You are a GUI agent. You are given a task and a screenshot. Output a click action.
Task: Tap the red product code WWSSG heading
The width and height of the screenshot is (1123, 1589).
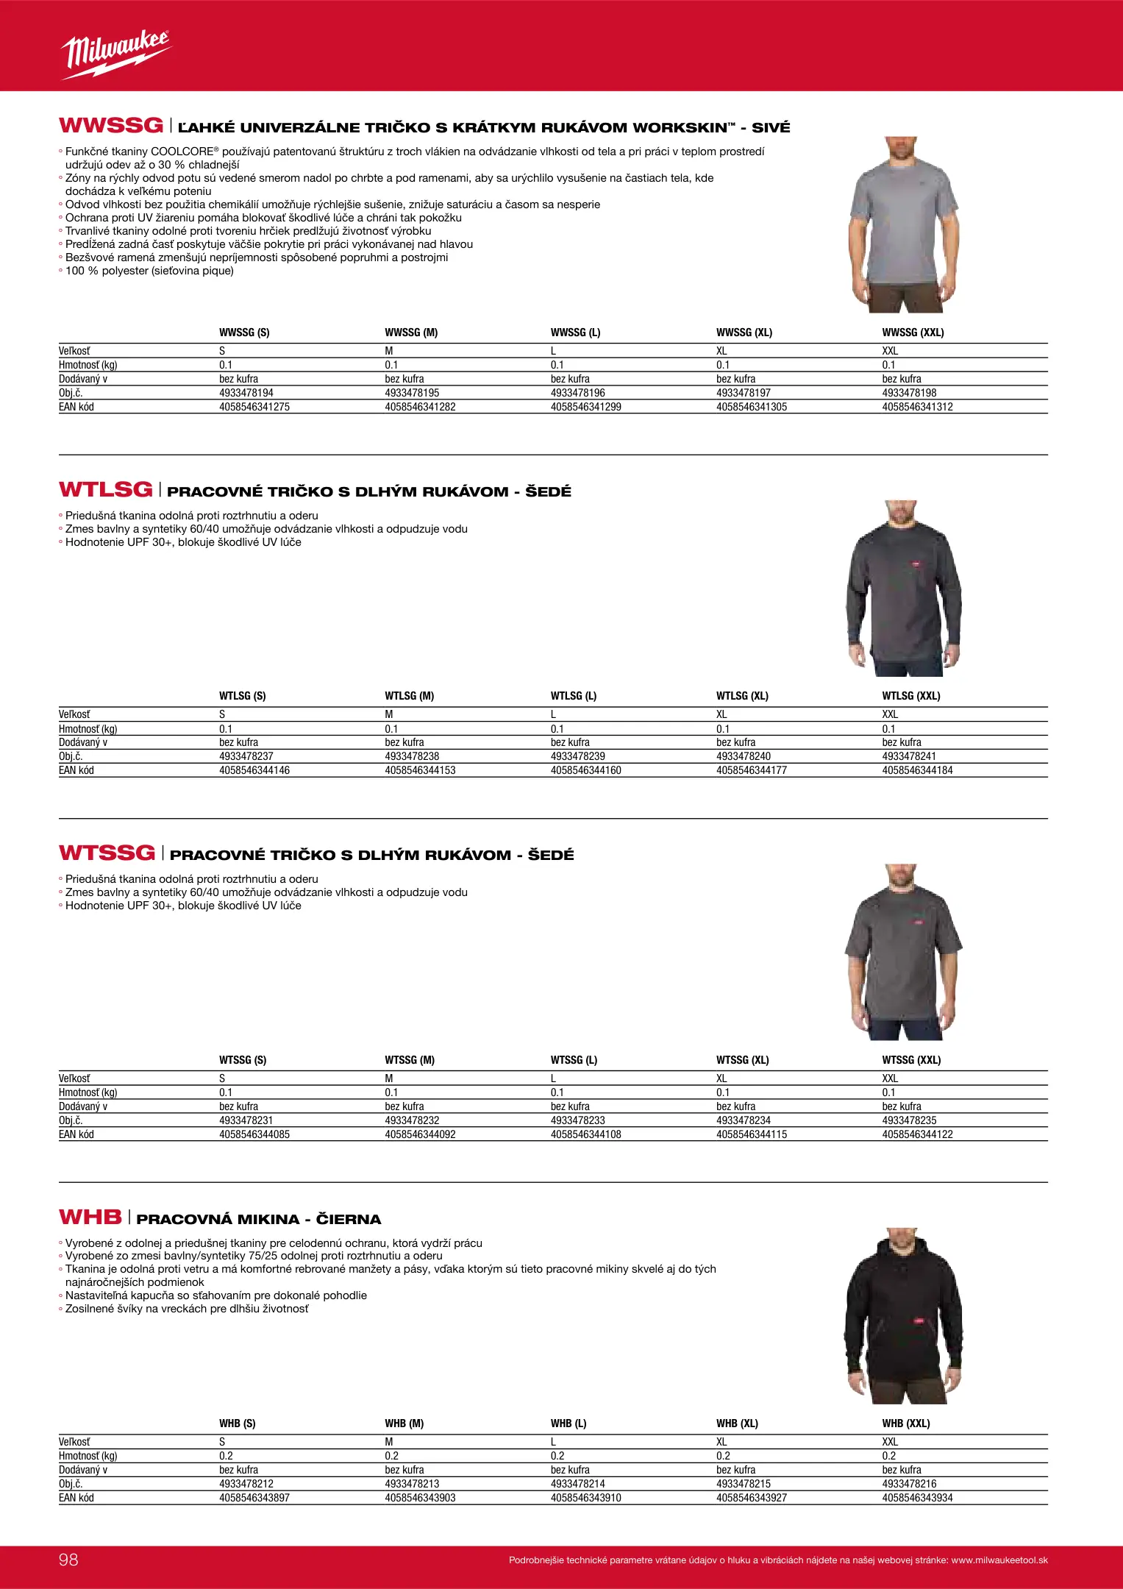(110, 126)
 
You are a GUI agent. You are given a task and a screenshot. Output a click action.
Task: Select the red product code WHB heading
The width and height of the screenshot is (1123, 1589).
(90, 1217)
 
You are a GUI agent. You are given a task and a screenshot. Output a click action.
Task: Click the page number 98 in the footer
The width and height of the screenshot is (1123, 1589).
(68, 1560)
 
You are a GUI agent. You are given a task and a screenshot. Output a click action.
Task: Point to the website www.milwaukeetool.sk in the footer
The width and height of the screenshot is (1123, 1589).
(999, 1560)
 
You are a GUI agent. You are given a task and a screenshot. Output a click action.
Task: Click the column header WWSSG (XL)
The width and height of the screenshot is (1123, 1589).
(744, 333)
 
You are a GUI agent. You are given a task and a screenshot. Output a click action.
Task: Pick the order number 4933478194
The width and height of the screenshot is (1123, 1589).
(246, 393)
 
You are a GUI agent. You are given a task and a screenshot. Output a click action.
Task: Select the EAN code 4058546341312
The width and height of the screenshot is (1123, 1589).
(917, 407)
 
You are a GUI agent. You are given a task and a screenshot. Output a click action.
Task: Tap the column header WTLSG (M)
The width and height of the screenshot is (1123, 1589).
(409, 696)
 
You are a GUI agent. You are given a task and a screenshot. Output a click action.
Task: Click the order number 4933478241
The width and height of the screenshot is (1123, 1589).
(909, 756)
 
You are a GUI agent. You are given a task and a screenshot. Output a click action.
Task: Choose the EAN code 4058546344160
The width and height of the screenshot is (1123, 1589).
(585, 770)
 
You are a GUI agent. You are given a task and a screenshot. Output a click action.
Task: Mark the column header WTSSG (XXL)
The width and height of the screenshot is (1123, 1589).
(911, 1060)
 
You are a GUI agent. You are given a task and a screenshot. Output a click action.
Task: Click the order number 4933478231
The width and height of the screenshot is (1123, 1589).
(246, 1120)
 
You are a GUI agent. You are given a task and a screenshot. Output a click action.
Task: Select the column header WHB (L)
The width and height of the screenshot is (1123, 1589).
(568, 1423)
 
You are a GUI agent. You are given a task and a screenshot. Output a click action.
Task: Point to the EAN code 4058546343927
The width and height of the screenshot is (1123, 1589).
(751, 1498)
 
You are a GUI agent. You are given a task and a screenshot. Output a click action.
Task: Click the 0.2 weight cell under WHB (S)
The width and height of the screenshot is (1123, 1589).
(226, 1456)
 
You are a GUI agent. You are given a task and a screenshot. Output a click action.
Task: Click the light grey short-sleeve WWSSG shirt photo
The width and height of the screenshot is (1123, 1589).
(903, 224)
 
